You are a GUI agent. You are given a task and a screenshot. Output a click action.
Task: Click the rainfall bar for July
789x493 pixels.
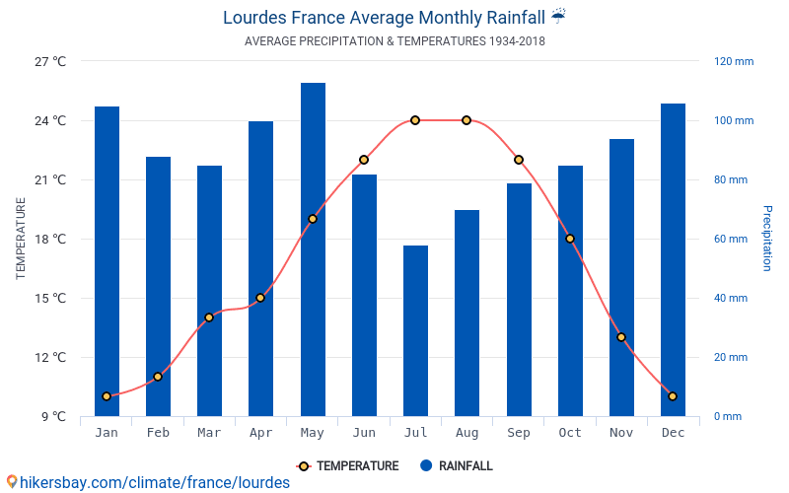click(415, 330)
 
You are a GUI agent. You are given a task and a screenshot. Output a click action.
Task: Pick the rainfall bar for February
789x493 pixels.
click(158, 286)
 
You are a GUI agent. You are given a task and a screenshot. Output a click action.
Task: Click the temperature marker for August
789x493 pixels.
click(466, 120)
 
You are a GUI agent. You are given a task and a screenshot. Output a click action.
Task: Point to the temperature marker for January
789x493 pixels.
click(107, 396)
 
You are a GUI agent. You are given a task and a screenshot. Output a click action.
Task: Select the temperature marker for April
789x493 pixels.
click(260, 298)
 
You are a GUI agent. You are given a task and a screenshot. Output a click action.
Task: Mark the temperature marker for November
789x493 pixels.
click(621, 337)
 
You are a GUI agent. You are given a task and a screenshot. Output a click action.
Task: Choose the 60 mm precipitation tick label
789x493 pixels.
click(731, 239)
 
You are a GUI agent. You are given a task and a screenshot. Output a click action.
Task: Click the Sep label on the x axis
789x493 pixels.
click(518, 433)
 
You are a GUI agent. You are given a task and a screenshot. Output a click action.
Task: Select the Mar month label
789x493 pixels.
click(209, 433)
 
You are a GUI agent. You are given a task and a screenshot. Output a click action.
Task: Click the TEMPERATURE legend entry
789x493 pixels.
click(347, 466)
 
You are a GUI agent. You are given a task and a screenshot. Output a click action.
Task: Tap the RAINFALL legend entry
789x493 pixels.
click(456, 466)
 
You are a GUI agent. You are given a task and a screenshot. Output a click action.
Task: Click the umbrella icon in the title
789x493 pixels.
click(558, 16)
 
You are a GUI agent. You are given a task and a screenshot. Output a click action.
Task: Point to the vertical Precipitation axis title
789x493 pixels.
click(767, 239)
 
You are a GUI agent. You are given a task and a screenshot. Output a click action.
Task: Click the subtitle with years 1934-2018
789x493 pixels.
click(394, 41)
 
